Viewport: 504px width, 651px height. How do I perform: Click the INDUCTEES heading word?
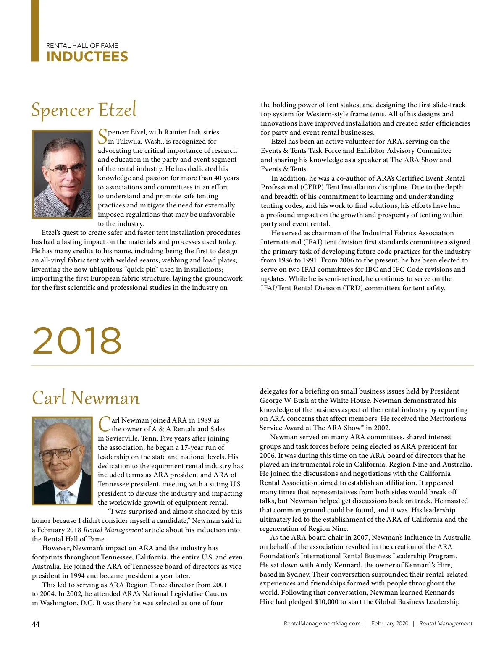point(87,57)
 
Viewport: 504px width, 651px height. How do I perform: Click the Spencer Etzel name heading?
point(84,110)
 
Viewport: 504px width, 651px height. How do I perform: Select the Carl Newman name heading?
point(86,398)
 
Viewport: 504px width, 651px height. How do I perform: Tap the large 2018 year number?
point(77,340)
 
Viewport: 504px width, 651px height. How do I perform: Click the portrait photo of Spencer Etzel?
point(62,174)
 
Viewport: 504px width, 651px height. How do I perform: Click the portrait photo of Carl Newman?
point(62,461)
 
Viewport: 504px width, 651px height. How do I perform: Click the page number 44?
point(36,624)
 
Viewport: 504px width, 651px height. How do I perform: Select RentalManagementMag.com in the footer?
point(322,624)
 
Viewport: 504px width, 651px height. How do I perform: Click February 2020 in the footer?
point(389,624)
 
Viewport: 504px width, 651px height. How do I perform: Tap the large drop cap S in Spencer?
point(102,136)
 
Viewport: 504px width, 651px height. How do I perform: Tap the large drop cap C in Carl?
point(104,424)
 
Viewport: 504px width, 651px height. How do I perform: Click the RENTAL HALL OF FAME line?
point(82,45)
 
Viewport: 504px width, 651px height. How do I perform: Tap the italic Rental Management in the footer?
point(446,624)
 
